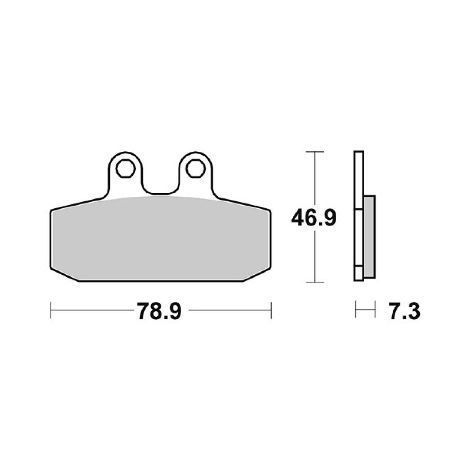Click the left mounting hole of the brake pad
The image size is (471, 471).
tap(125, 168)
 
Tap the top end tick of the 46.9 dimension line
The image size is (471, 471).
tap(314, 151)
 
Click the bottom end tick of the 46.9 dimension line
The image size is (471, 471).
tap(314, 282)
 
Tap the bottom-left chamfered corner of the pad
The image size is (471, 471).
tap(64, 275)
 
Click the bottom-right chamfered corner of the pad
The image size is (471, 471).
tap(257, 275)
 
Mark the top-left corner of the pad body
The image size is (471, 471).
tap(52, 211)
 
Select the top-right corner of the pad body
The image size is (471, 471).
tap(269, 211)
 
